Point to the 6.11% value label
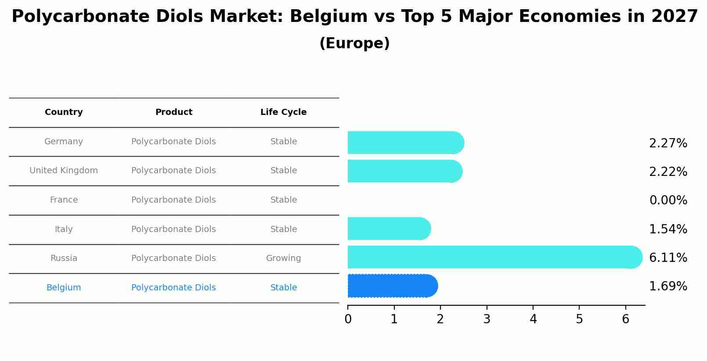click(x=668, y=257)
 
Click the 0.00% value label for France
click(x=668, y=200)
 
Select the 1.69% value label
click(x=668, y=286)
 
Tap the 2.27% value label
click(x=668, y=143)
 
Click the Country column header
click(x=64, y=112)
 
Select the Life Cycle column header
click(x=283, y=112)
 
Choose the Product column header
click(x=173, y=112)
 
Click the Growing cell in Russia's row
click(x=283, y=258)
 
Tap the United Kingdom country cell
click(x=64, y=171)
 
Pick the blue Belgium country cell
click(x=64, y=288)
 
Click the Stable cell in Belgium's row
click(x=283, y=288)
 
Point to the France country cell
click(x=64, y=200)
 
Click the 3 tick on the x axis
click(x=487, y=319)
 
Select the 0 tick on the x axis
click(x=348, y=319)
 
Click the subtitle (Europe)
click(x=354, y=43)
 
